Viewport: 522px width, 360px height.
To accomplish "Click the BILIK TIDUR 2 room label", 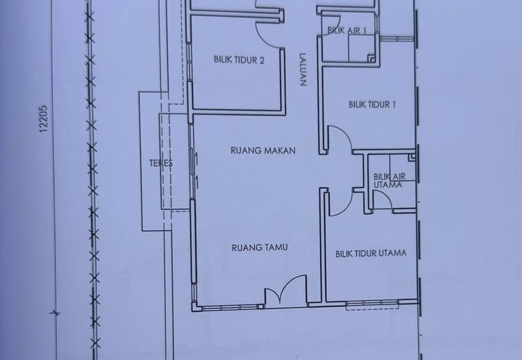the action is [239, 60].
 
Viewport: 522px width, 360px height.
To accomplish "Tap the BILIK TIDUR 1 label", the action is [372, 104].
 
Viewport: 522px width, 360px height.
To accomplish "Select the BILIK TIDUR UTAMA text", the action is [371, 254].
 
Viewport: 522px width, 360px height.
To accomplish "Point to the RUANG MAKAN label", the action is [263, 151].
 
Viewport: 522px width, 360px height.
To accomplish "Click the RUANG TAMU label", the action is [260, 248].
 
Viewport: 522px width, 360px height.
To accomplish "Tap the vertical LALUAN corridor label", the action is [302, 70].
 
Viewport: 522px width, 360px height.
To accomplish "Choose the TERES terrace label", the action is [161, 163].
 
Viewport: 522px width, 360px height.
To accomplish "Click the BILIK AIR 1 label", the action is [346, 31].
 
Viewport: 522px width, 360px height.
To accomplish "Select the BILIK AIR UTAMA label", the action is [389, 181].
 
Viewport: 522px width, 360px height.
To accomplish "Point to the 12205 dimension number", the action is [44, 119].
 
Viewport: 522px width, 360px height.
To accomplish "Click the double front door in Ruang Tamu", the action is [286, 290].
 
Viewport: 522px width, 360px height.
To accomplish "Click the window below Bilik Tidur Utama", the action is [372, 303].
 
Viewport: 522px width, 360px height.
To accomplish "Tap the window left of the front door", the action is [230, 307].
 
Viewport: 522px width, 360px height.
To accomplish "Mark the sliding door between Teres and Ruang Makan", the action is [192, 162].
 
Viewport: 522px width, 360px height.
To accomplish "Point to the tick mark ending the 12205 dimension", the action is [55, 312].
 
